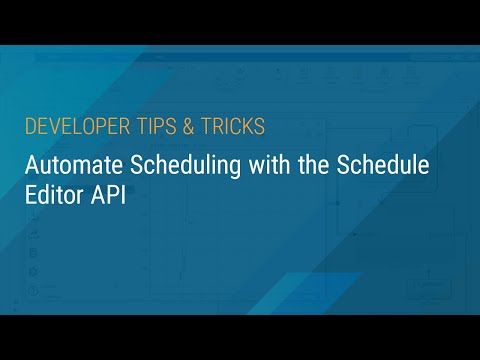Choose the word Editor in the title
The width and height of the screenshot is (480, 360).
tap(53, 196)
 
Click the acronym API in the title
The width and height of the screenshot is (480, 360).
tap(106, 196)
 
